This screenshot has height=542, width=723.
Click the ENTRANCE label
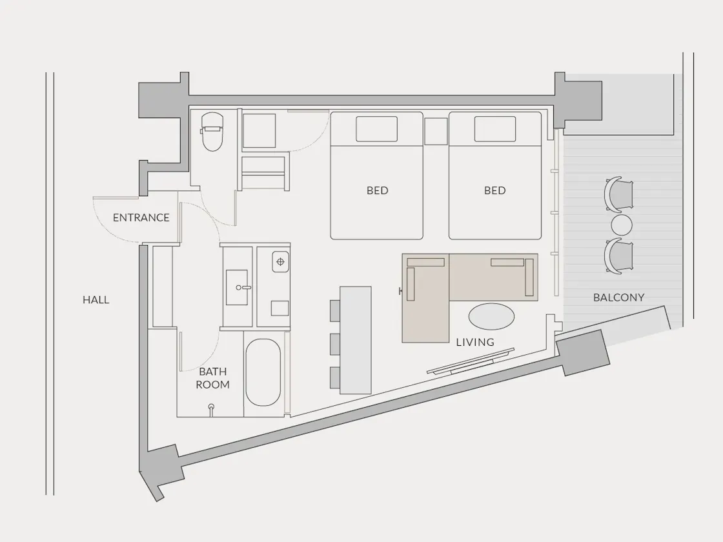(x=141, y=217)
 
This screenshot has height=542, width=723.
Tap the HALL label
(x=96, y=300)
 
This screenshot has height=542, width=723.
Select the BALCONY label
(x=619, y=297)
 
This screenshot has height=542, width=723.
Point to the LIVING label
(x=475, y=343)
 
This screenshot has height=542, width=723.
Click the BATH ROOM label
(x=212, y=378)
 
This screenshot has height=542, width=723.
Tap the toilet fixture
(x=212, y=132)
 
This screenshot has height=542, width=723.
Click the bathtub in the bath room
(x=263, y=373)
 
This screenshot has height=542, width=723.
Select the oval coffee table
(x=491, y=317)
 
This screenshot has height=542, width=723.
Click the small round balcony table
(x=622, y=225)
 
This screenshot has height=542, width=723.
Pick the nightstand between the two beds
(x=436, y=132)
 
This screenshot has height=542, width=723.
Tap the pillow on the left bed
(x=377, y=129)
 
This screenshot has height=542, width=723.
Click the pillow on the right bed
(x=494, y=129)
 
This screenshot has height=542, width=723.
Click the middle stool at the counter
(x=335, y=345)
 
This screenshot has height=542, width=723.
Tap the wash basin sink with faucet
(x=237, y=288)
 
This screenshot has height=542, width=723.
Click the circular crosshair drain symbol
(x=280, y=262)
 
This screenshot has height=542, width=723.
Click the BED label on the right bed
(x=494, y=190)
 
